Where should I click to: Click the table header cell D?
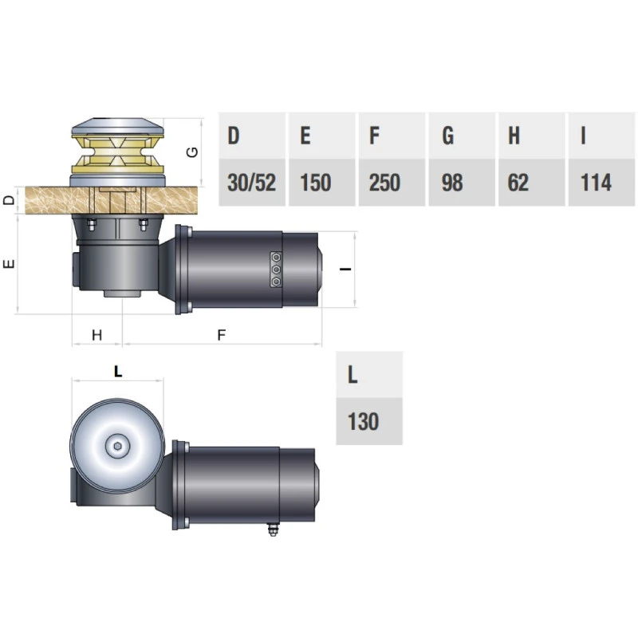252,136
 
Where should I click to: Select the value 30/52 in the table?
252,183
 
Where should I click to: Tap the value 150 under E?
315,183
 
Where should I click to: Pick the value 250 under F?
384,183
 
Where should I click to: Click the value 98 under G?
452,183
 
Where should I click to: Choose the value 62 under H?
518,183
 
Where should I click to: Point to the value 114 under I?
596,183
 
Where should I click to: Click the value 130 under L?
363,421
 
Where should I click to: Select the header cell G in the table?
462,136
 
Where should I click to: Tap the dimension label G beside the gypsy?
191,152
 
